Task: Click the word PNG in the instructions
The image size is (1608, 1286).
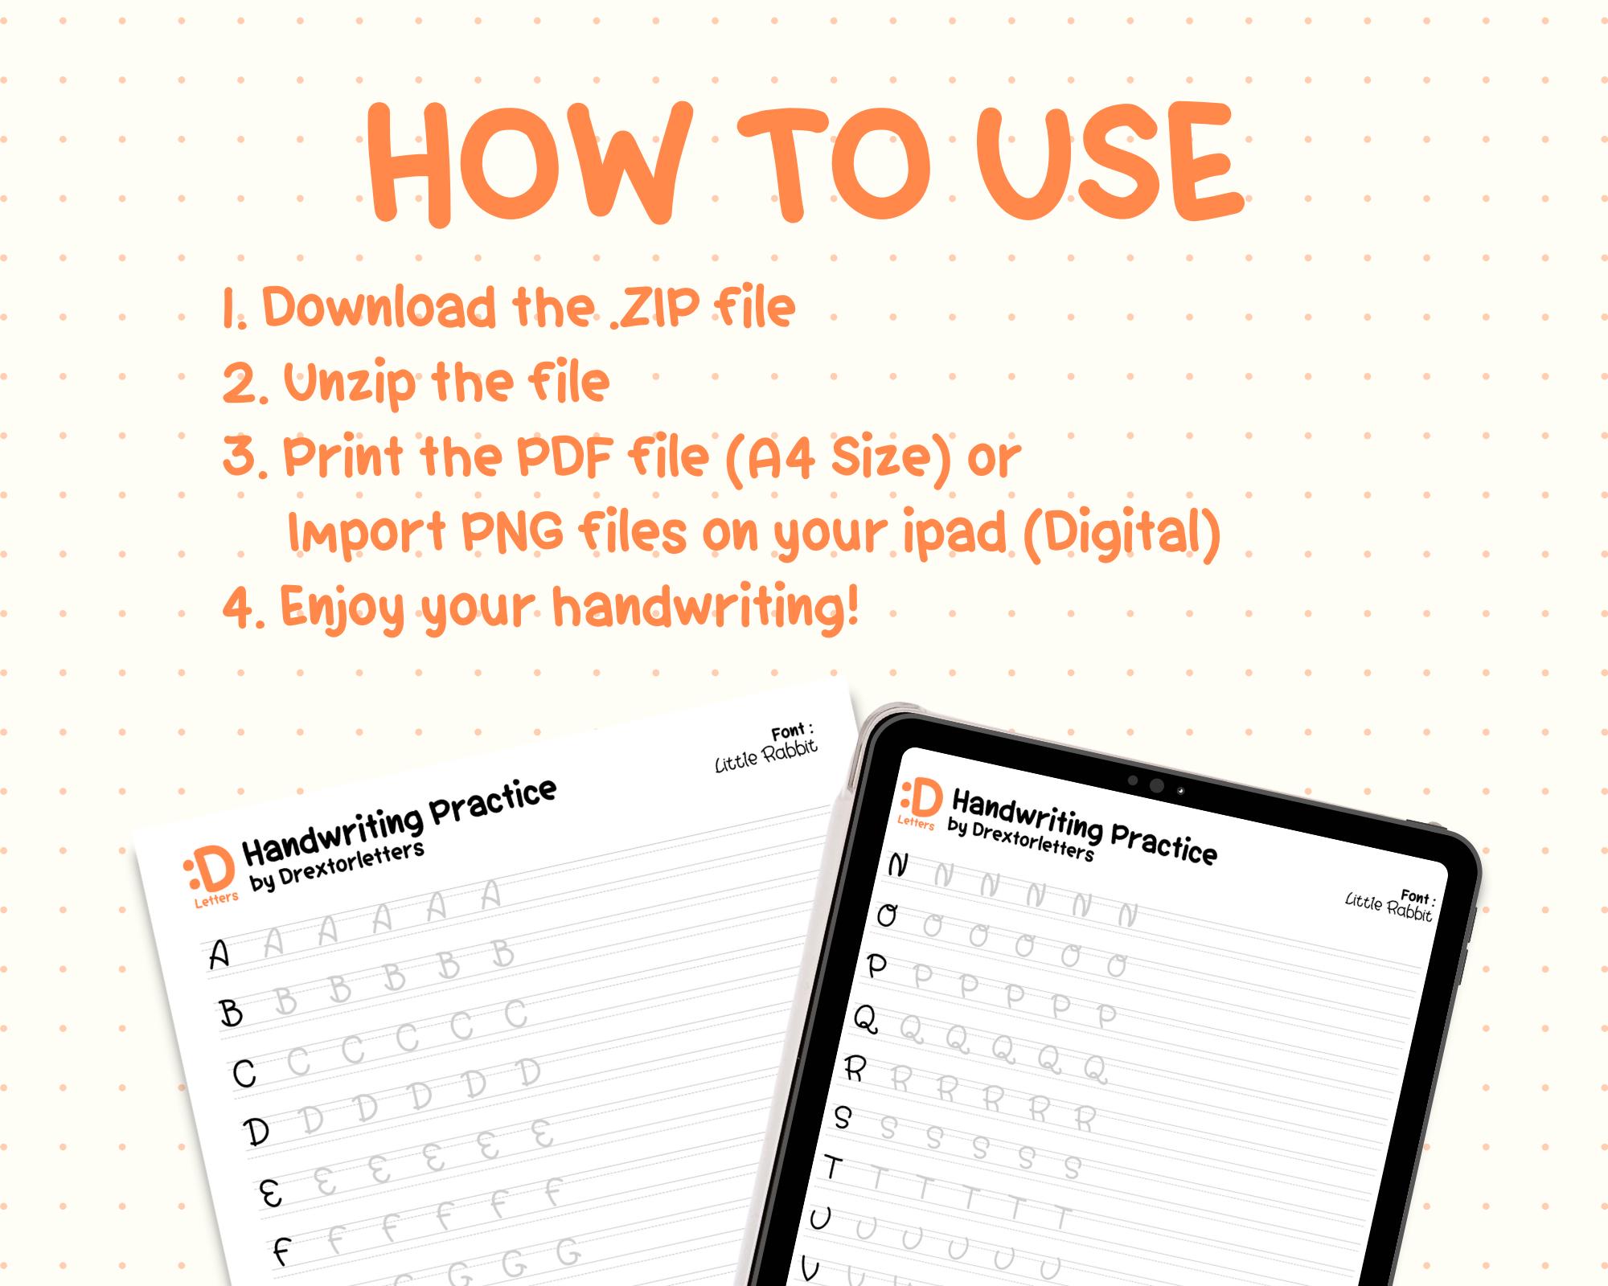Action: coord(512,531)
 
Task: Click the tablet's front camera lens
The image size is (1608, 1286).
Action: coord(1156,785)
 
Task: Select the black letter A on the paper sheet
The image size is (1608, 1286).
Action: coord(219,954)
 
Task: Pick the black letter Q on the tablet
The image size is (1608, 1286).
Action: coord(865,1020)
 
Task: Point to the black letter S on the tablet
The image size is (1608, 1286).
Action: coord(842,1118)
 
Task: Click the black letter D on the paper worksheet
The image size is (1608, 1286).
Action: coord(256,1132)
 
